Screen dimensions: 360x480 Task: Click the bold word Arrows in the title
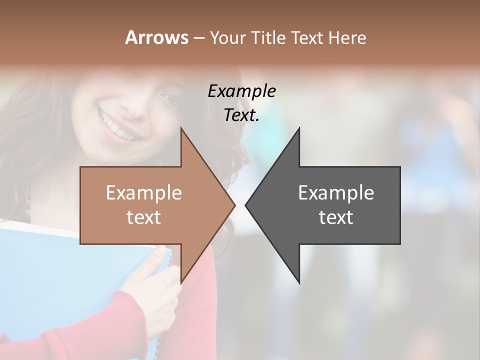pyautogui.click(x=156, y=37)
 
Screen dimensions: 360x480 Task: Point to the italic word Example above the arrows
pyautogui.click(x=241, y=91)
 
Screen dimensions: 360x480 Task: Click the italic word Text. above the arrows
pyautogui.click(x=241, y=115)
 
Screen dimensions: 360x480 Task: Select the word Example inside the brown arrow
pyautogui.click(x=143, y=192)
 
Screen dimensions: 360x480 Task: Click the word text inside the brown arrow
pyautogui.click(x=143, y=217)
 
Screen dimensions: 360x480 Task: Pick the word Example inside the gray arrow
pyautogui.click(x=336, y=192)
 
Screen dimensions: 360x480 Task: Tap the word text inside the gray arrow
pyautogui.click(x=336, y=217)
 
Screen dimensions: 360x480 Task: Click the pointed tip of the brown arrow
pyautogui.click(x=234, y=205)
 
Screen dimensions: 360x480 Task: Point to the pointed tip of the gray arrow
pyautogui.click(x=246, y=205)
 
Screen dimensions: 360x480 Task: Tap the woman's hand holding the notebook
pyautogui.click(x=152, y=290)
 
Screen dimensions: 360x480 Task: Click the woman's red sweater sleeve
pyautogui.click(x=200, y=310)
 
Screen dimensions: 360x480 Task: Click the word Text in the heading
pyautogui.click(x=307, y=37)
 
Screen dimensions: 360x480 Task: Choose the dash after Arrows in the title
pyautogui.click(x=198, y=38)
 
